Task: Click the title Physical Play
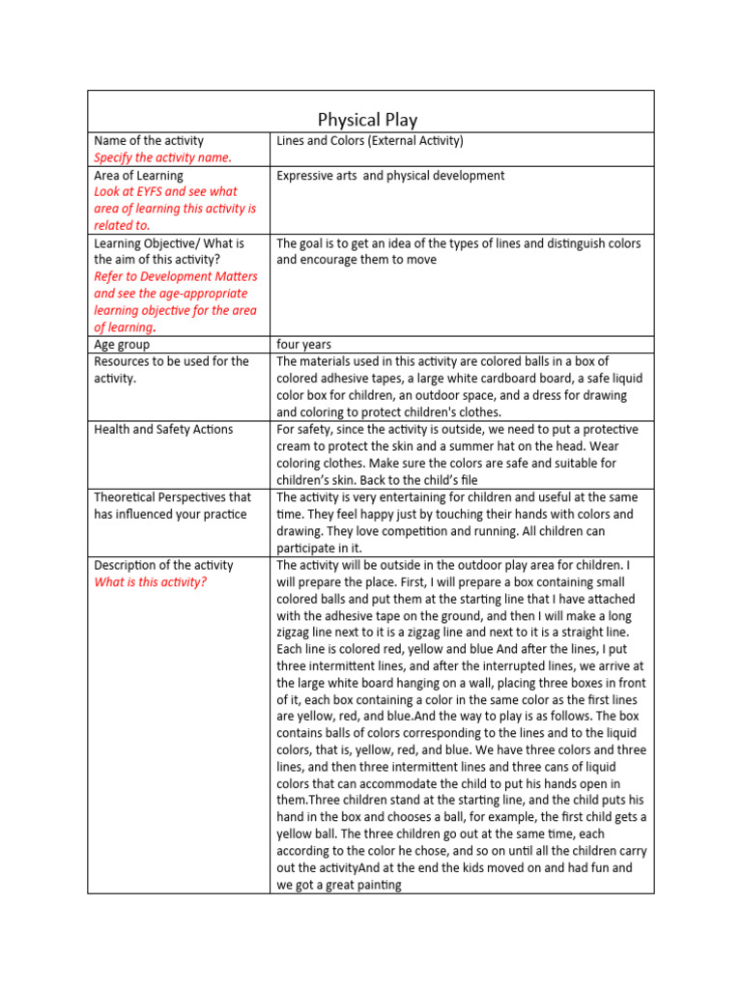[367, 120]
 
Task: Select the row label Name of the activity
[149, 141]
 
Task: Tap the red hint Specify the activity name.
[162, 157]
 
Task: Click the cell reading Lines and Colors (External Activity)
[370, 141]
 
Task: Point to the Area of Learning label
[138, 176]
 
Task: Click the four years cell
[303, 345]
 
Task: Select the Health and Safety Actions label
[163, 429]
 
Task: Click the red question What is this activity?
[150, 582]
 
